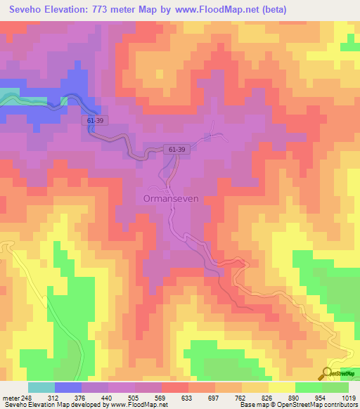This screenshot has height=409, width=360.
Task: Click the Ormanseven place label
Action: pos(172,198)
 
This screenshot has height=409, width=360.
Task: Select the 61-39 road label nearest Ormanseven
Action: pos(178,150)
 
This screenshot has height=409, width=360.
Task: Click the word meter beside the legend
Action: pos(11,398)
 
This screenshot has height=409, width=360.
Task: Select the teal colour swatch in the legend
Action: pos(41,387)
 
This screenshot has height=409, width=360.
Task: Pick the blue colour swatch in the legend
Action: pos(68,387)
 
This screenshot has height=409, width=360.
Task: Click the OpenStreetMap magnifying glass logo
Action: pos(326,374)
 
